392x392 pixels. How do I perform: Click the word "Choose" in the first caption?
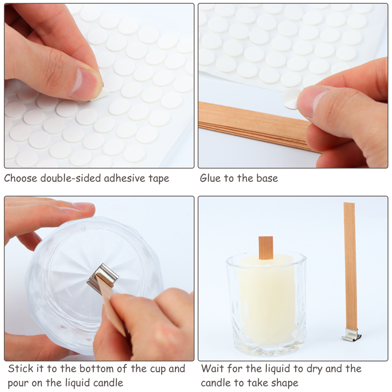(21, 178)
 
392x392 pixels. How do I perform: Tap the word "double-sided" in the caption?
(71, 178)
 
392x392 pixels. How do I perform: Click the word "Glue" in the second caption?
(211, 178)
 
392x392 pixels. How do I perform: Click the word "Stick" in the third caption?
(21, 369)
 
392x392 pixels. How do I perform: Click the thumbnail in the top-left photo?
(85, 84)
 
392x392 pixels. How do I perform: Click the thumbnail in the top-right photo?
(313, 101)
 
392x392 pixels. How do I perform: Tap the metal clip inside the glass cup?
(102, 275)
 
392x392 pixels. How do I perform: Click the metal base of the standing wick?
(351, 335)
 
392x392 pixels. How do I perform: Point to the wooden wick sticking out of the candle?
(266, 248)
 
